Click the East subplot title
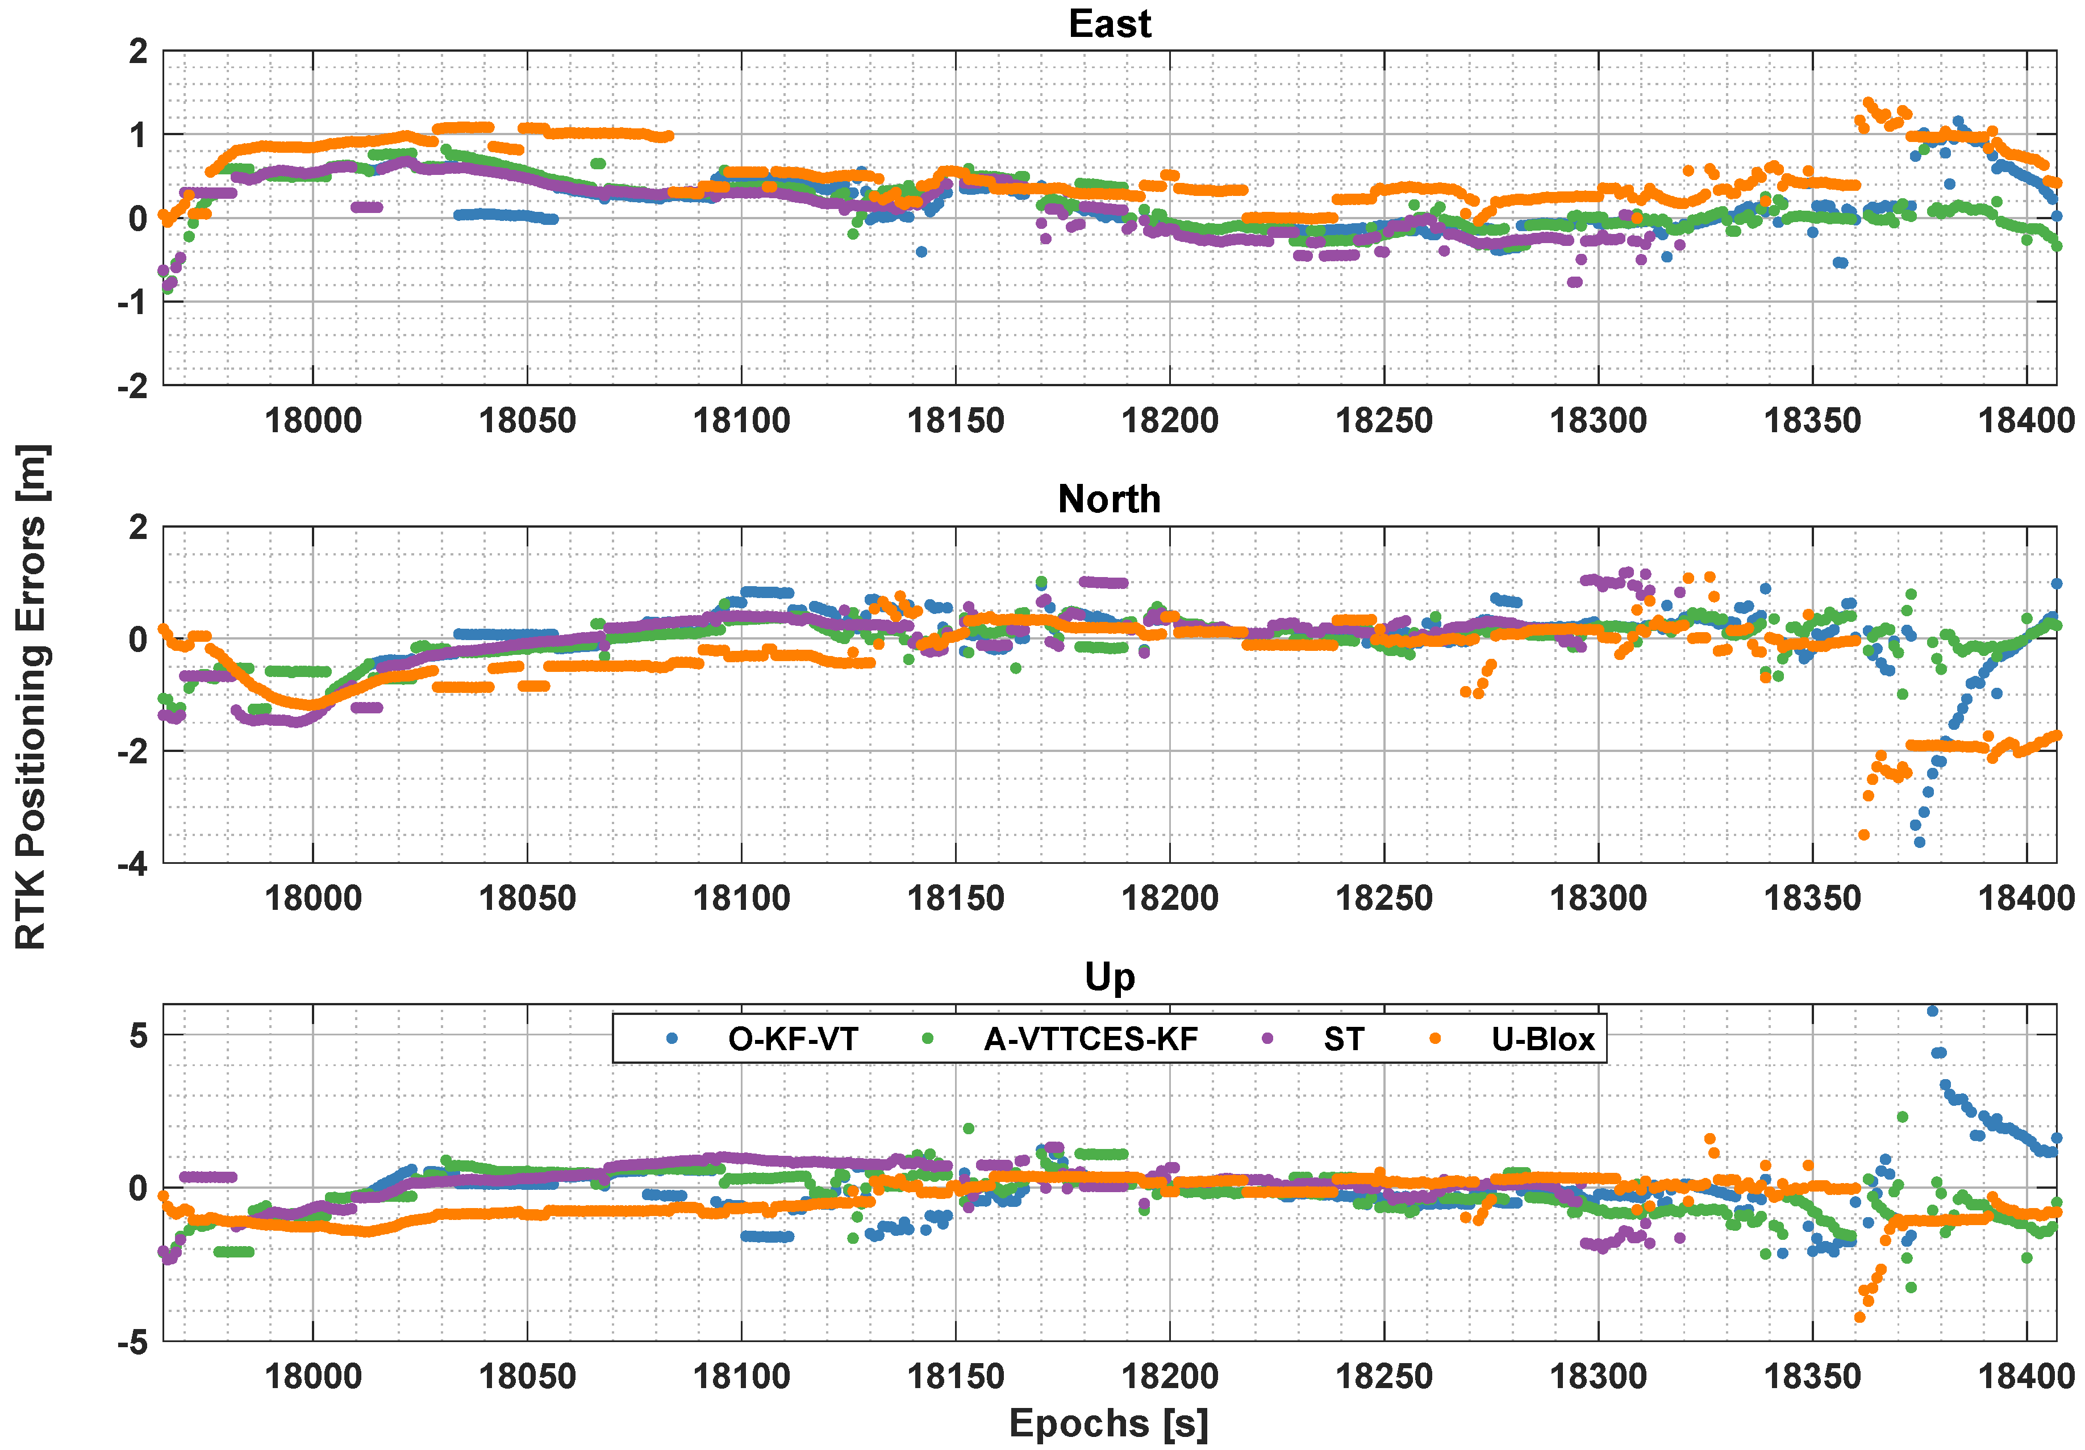tap(1109, 24)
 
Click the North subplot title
tap(1109, 499)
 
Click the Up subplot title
tap(1109, 977)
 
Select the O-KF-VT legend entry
tap(792, 1039)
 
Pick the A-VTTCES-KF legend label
tap(1091, 1039)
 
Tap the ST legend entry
tap(1343, 1039)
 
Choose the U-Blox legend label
tap(1542, 1039)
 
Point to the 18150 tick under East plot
tap(956, 420)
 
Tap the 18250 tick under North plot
tap(1384, 898)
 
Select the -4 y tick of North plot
tap(132, 863)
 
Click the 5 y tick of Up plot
tap(138, 1035)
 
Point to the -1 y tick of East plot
tap(132, 302)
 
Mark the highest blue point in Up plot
tap(1932, 1010)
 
